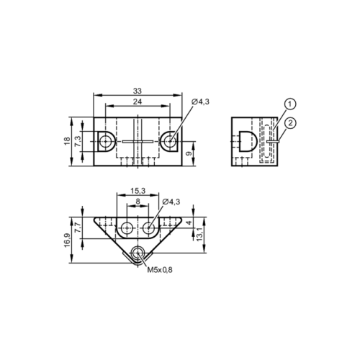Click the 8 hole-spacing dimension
138,203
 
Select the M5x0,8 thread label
161,270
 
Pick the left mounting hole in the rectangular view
105,141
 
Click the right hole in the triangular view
148,228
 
